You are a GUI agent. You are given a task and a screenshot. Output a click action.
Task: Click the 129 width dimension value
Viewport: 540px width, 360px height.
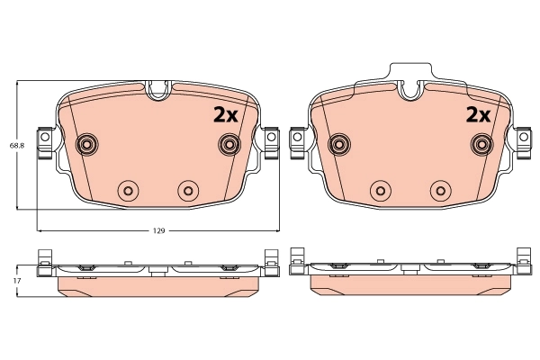coord(157,231)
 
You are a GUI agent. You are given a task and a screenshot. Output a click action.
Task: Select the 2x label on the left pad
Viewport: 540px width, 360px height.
coord(224,114)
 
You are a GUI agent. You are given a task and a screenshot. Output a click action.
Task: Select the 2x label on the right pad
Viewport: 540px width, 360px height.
coord(476,114)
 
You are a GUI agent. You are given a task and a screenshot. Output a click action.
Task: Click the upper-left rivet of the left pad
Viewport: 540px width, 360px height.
coord(87,144)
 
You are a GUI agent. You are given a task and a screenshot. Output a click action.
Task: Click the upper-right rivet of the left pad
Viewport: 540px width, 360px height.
coord(229,144)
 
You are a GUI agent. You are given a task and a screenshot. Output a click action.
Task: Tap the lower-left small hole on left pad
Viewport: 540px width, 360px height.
coord(127,190)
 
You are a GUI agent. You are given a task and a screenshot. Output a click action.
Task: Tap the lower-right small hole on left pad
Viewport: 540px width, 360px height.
coord(187,190)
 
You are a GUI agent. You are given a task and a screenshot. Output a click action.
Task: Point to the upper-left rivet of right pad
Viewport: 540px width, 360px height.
coord(339,144)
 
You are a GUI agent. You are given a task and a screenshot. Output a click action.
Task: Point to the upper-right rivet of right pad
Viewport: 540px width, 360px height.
coord(481,144)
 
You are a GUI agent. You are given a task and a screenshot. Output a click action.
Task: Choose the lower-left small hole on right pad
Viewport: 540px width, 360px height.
coord(379,190)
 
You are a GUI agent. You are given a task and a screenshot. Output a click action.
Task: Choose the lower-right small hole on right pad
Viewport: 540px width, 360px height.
coord(439,190)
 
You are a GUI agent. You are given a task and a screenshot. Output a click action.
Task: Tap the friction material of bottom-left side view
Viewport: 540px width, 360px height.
coord(157,284)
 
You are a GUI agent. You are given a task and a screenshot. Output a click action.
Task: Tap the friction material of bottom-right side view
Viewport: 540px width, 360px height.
coord(409,284)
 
